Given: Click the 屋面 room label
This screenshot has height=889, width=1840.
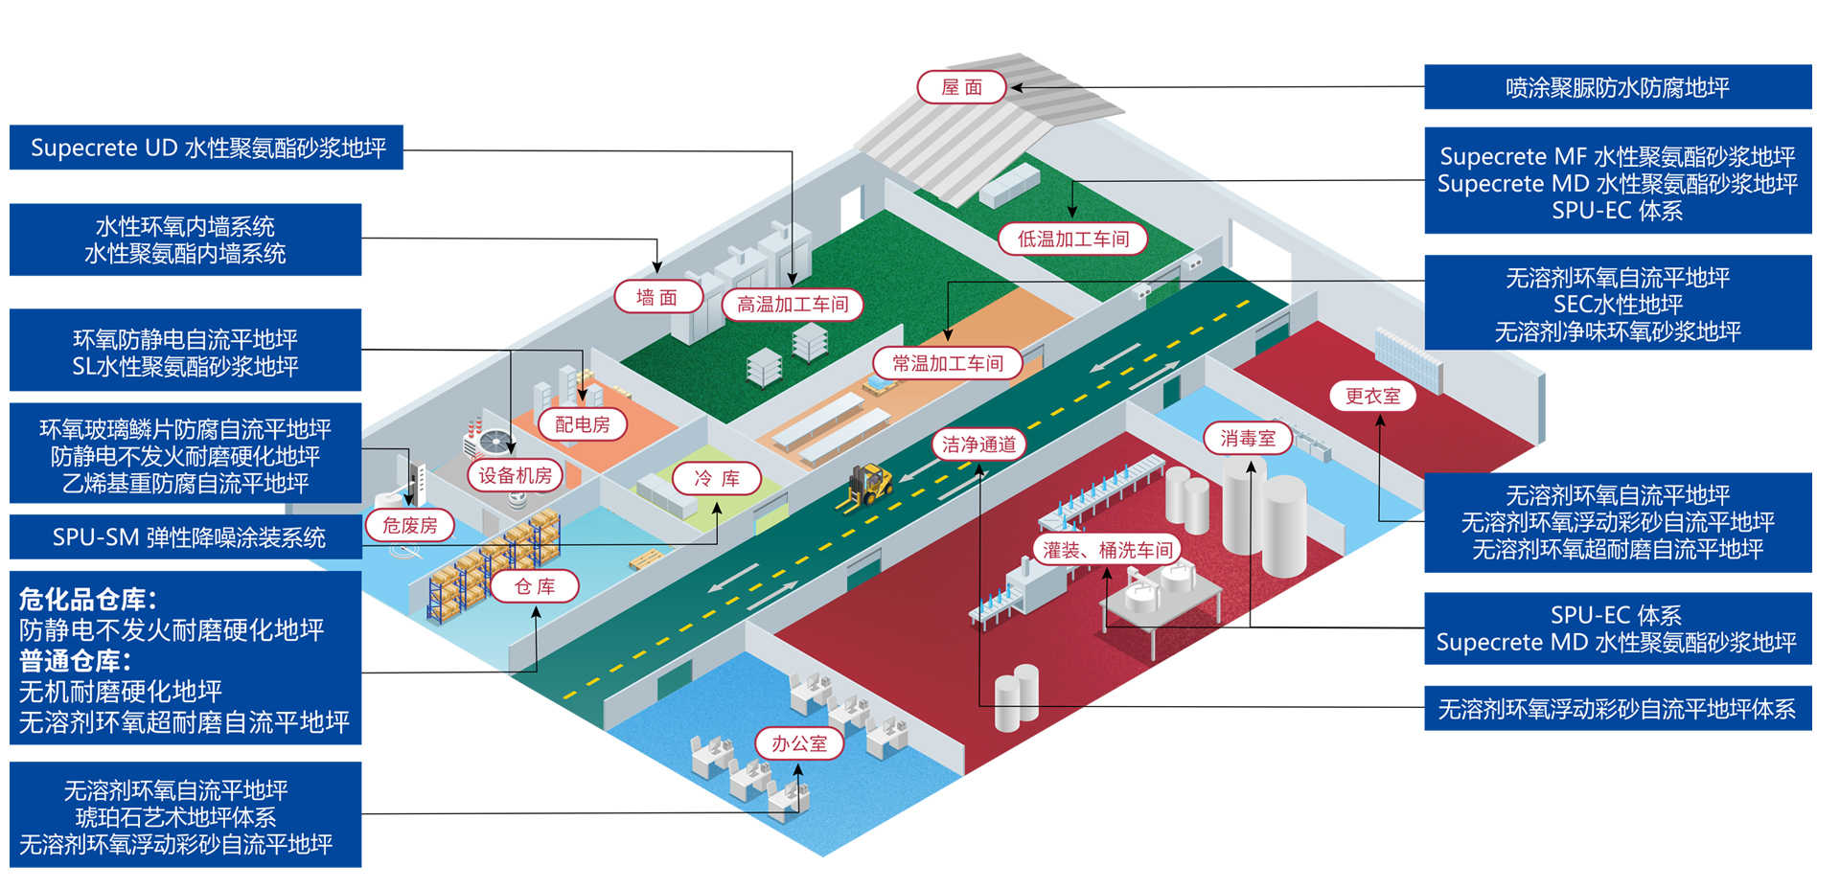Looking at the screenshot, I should pos(961,87).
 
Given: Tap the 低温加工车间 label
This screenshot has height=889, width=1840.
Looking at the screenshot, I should pos(1072,239).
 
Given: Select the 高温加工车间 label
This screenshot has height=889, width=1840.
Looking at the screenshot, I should pos(793,305).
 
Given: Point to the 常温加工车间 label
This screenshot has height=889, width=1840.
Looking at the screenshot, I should pos(947,363).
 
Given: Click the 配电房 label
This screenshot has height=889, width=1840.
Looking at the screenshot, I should pos(582,424).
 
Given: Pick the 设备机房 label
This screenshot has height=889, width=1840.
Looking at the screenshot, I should pos(515,475).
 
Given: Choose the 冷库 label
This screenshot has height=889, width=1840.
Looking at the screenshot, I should pos(716,478).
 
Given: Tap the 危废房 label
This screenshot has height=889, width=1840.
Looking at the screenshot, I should pos(409,525).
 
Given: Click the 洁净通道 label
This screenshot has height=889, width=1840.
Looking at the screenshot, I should pos(978,444).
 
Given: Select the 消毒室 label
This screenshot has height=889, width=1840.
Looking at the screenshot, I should pos(1247,439).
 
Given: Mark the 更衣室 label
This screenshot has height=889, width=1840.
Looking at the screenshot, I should pos(1372,396).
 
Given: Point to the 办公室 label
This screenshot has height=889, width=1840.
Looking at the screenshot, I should pos(798,743).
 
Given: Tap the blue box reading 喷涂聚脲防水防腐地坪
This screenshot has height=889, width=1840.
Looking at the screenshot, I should pos(1617,88).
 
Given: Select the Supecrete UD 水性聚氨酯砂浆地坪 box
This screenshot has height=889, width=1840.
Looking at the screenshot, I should pos(207,148).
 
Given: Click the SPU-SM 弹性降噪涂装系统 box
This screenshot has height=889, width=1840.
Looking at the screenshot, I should pos(188,537).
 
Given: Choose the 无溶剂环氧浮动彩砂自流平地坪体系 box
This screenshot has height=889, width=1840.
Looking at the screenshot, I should pos(1617,709).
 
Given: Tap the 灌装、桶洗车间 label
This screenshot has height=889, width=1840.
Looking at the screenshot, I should pos(1107,550).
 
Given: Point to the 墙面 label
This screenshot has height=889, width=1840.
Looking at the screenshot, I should pos(656,298).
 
